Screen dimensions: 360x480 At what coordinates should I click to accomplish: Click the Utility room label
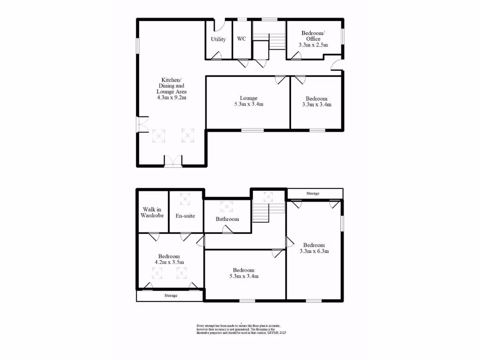pos(218,39)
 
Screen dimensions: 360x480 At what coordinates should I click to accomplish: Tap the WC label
pos(241,39)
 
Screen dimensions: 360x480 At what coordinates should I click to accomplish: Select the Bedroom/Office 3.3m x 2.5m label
pos(313,39)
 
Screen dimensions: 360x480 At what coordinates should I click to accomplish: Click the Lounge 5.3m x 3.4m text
pos(248,101)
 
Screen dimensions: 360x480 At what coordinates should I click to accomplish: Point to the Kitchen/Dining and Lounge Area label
pos(171,89)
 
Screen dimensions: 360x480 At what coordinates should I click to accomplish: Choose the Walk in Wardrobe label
pos(153,212)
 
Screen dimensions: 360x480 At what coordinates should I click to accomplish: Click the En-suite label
pos(186,216)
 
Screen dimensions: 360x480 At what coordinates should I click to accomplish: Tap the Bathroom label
pos(227,219)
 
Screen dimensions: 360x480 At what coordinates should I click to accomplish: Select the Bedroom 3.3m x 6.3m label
pos(314,248)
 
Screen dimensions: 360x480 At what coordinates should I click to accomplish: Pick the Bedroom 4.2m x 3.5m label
pos(169,259)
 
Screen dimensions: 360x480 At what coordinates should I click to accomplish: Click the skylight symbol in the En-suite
pos(186,199)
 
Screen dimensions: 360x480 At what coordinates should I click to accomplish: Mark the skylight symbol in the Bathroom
pos(227,206)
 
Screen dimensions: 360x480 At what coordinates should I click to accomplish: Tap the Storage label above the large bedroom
pos(313,194)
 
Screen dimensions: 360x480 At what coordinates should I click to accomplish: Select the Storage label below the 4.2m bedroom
pos(171,296)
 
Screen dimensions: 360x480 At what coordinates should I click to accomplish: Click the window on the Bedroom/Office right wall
pos(343,37)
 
